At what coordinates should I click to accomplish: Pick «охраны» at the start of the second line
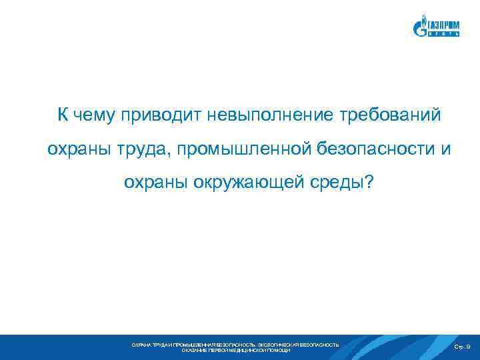74,150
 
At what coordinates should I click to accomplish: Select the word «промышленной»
233,150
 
